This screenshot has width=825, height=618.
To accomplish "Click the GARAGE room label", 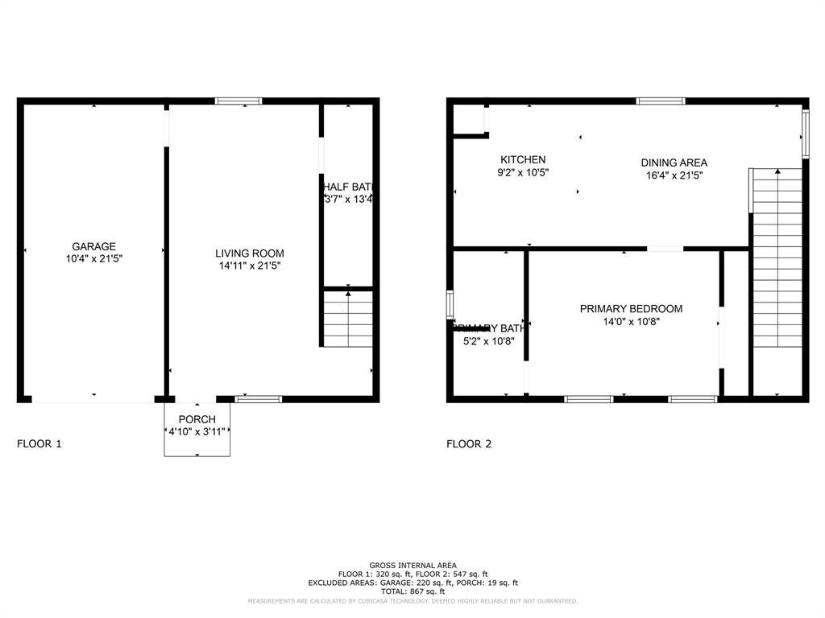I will (x=93, y=246).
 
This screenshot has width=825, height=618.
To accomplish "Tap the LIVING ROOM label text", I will (x=250, y=253).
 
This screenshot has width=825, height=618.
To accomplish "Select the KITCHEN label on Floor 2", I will (x=523, y=160).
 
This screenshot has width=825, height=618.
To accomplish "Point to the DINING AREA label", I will (x=674, y=163).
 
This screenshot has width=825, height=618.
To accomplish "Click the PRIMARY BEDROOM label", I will (x=631, y=309).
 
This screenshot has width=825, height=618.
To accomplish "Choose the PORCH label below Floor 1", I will (x=197, y=419).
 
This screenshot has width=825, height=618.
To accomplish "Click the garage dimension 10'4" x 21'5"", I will (x=93, y=259).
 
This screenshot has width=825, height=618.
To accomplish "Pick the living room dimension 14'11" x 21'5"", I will (x=250, y=266).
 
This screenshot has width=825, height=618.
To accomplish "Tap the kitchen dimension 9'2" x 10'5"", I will (x=523, y=172).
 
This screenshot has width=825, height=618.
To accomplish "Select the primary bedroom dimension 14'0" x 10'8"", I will (x=631, y=322).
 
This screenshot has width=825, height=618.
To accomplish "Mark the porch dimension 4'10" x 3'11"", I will (x=197, y=432).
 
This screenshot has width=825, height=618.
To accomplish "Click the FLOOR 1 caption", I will (x=39, y=443).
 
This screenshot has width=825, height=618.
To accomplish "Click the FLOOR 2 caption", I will (x=469, y=443).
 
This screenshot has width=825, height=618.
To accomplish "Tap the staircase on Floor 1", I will (x=348, y=319).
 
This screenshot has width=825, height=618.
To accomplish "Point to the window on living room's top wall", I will (x=238, y=101).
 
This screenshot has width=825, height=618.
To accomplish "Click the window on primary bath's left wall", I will (x=450, y=305).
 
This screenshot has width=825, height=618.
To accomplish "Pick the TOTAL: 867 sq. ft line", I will (x=412, y=591).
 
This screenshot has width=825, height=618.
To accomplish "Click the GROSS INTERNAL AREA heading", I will (x=412, y=565).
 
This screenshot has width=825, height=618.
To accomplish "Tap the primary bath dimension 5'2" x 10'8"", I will (x=488, y=340).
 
